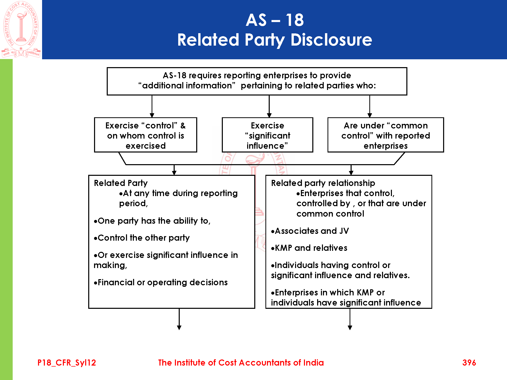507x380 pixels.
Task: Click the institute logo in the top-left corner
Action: click(21, 29)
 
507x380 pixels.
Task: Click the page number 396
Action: click(469, 363)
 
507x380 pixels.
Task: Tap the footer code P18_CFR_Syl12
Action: click(67, 363)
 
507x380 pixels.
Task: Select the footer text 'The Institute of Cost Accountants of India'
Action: click(241, 363)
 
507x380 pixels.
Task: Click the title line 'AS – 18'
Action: click(275, 20)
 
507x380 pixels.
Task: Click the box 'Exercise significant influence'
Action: click(267, 135)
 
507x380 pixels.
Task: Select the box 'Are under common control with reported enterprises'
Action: click(386, 135)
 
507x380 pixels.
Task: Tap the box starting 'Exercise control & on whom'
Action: click(146, 135)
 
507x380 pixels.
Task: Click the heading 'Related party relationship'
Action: click(323, 183)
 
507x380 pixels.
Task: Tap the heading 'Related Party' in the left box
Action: click(121, 183)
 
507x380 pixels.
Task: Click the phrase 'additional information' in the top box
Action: click(187, 86)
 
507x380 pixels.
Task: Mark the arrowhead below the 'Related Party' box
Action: click(179, 328)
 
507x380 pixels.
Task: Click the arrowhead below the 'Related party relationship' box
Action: click(350, 328)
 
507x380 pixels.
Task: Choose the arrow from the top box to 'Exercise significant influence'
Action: click(269, 106)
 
